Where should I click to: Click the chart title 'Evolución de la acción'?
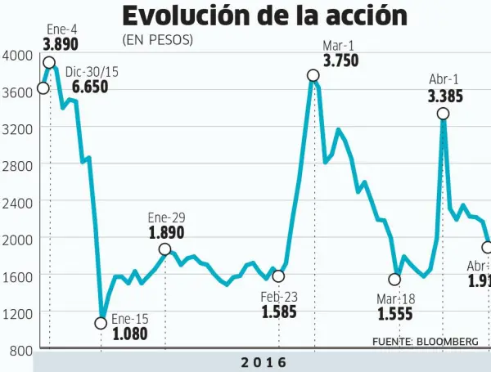[x=264, y=16]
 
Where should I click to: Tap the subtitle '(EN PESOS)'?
[x=157, y=40]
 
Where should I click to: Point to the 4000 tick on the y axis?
[x=18, y=55]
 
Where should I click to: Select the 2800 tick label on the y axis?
[x=18, y=165]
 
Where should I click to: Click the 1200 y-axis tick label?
[x=18, y=313]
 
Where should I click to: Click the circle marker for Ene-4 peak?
[x=49, y=63]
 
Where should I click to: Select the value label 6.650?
[x=89, y=87]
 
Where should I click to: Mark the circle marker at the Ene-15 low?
[x=101, y=323]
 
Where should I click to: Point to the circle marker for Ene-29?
[x=164, y=249]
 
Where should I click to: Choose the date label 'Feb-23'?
[x=280, y=296]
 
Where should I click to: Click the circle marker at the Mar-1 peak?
[x=313, y=75]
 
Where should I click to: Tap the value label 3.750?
[x=340, y=61]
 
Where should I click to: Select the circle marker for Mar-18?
[x=394, y=280]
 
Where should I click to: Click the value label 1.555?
[x=396, y=314]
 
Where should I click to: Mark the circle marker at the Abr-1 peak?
[x=443, y=114]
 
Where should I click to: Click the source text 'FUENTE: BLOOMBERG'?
[x=425, y=342]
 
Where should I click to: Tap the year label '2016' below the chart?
[x=264, y=362]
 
